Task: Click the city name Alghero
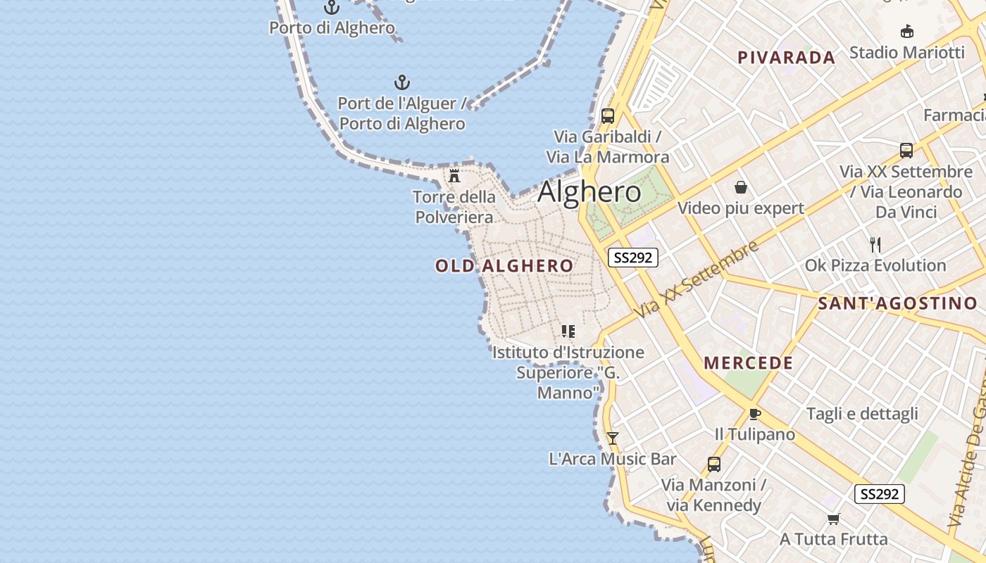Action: [589, 192]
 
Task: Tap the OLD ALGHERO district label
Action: [504, 266]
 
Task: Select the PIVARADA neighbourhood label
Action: [786, 58]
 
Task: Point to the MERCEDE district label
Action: [749, 363]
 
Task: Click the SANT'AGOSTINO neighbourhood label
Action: [897, 304]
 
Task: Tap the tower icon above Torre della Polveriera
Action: [454, 176]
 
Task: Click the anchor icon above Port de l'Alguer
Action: [402, 82]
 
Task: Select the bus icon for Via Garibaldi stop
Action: [608, 116]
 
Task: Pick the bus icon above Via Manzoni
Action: [714, 464]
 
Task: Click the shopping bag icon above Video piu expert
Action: [741, 187]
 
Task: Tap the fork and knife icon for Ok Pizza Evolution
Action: [875, 245]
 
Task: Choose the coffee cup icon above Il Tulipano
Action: [755, 414]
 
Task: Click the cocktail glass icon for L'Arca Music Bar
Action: [613, 438]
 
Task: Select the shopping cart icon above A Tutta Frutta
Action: [834, 519]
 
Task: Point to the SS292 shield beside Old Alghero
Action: [632, 258]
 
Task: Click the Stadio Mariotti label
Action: [906, 53]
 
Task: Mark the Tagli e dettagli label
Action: [862, 414]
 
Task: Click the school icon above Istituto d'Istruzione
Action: [568, 331]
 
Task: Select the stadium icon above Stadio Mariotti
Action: [907, 32]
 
